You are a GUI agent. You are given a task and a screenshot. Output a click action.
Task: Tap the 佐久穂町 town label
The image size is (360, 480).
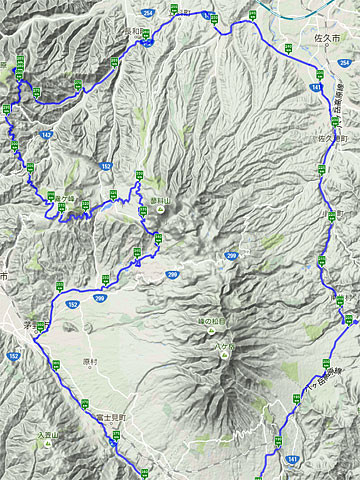[330, 139]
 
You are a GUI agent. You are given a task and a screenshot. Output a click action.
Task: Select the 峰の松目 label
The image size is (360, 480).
[212, 321]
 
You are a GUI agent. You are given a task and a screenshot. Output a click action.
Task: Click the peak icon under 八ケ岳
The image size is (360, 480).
[227, 350]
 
